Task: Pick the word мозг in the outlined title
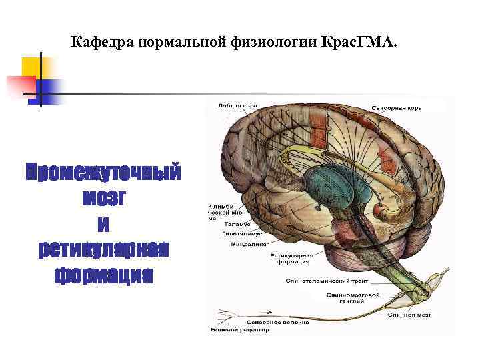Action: click(x=103, y=198)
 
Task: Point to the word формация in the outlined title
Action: click(x=103, y=274)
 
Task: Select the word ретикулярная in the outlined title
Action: click(x=103, y=249)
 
